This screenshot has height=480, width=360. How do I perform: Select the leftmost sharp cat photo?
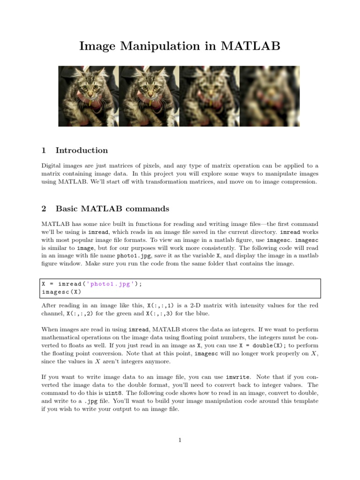coord(88,96)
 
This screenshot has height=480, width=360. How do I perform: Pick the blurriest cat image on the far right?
coord(270,96)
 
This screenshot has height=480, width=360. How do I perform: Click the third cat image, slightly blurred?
coord(209,96)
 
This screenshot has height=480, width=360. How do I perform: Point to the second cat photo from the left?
coord(149,96)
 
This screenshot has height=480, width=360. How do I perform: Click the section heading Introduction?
coord(82,150)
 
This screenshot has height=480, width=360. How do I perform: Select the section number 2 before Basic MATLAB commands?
coord(44,209)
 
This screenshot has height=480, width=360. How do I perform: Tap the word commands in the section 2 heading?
coord(150,209)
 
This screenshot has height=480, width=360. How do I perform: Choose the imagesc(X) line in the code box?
coord(58,292)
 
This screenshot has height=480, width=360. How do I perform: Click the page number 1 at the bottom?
coord(180,440)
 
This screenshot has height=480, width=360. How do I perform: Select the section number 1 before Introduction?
coord(44,150)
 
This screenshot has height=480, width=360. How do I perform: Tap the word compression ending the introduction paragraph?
coord(298,182)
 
